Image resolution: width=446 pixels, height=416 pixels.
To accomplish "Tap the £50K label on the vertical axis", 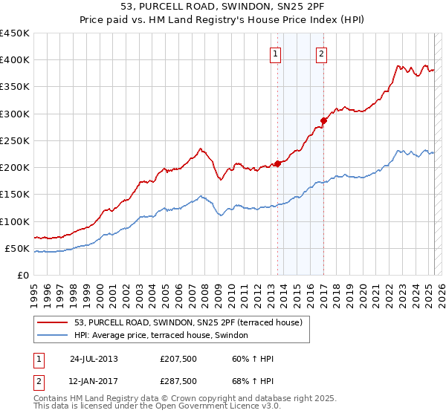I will coord(18,248).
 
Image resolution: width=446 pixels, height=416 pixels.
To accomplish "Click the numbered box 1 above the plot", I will coord(276,53).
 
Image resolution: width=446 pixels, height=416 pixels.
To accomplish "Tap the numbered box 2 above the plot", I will coord(322,53).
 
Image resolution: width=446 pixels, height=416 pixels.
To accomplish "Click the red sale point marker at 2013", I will coord(277,163).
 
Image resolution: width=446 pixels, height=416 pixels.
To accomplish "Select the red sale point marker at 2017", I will coord(323,120).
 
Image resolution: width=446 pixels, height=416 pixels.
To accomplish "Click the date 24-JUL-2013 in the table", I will coord(94,359).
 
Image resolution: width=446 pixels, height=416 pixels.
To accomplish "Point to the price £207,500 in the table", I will coord(178,359).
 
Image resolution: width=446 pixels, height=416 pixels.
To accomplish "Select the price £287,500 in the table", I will coord(178,381).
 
